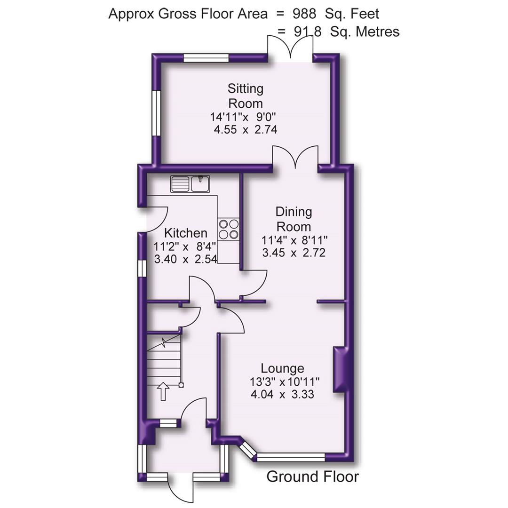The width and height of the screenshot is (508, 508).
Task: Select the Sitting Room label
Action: (x=245, y=95)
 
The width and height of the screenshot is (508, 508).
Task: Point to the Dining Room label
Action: (x=294, y=219)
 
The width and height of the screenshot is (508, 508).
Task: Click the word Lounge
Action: (x=282, y=368)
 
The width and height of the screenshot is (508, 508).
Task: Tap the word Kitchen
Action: (x=185, y=233)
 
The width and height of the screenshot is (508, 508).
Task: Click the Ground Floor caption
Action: (x=312, y=476)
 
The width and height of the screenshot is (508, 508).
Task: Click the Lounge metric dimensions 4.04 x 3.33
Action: (x=282, y=394)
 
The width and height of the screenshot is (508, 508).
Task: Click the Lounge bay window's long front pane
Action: (x=291, y=456)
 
